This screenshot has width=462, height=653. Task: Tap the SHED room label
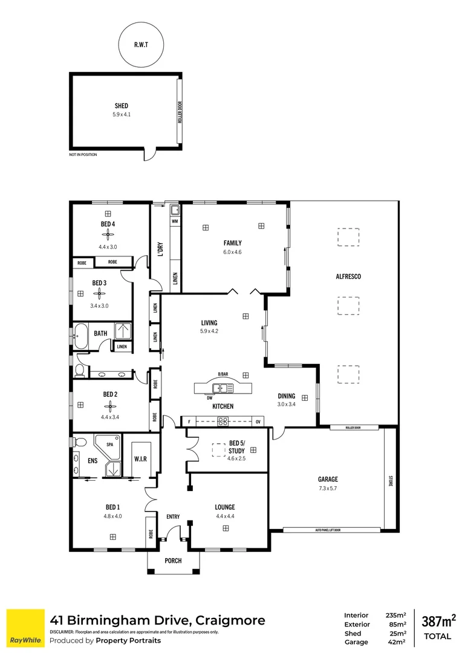pyautogui.click(x=122, y=106)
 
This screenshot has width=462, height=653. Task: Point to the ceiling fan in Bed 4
pyautogui.click(x=108, y=235)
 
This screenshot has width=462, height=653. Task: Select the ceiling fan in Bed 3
pyautogui.click(x=99, y=293)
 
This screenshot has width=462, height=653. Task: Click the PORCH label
pyautogui.click(x=173, y=560)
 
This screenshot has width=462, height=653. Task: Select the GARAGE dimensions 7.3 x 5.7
pyautogui.click(x=329, y=489)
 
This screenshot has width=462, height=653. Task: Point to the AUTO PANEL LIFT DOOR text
pyautogui.click(x=328, y=530)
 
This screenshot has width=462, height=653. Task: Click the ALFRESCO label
pyautogui.click(x=348, y=276)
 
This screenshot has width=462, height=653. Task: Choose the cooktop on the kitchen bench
pyautogui.click(x=223, y=421)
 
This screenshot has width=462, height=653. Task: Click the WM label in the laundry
pyautogui.click(x=175, y=222)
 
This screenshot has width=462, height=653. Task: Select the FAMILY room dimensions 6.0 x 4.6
pyautogui.click(x=233, y=252)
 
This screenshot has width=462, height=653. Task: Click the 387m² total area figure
pyautogui.click(x=438, y=620)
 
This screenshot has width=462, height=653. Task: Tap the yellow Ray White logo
pyautogui.click(x=25, y=629)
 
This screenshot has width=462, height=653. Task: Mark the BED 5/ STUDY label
pyautogui.click(x=236, y=447)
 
